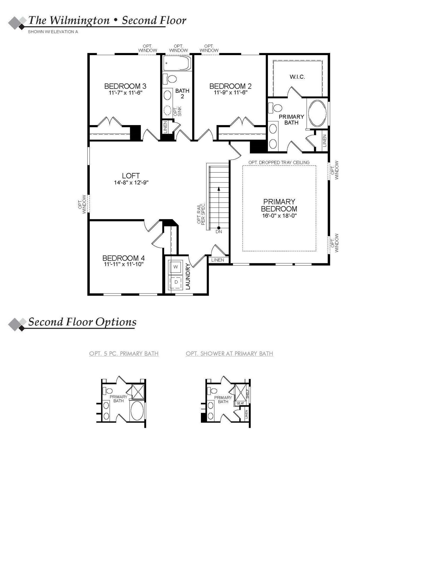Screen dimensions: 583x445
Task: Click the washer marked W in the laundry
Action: click(x=175, y=267)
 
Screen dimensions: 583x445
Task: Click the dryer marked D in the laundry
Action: click(x=176, y=282)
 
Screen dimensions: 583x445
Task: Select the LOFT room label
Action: click(x=131, y=176)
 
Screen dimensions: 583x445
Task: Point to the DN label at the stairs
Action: click(x=219, y=232)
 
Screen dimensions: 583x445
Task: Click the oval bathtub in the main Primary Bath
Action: click(x=317, y=113)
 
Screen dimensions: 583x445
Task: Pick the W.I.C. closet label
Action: click(x=297, y=77)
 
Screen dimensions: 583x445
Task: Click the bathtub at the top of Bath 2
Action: click(x=176, y=63)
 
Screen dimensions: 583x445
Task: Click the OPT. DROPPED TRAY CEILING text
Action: click(x=279, y=162)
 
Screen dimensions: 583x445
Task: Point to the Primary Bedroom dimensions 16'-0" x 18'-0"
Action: click(x=279, y=216)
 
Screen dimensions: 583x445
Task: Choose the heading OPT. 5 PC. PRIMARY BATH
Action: click(x=124, y=354)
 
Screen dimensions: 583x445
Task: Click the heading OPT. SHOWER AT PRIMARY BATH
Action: click(x=229, y=354)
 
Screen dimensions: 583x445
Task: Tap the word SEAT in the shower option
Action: click(x=240, y=403)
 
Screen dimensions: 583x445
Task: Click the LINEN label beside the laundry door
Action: click(x=218, y=260)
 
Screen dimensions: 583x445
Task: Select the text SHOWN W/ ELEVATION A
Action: click(x=53, y=32)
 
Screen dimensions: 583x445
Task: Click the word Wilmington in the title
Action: click(x=79, y=20)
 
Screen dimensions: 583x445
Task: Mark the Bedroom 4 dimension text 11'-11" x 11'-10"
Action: click(x=124, y=264)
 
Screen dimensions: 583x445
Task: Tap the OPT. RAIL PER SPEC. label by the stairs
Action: click(x=201, y=214)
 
